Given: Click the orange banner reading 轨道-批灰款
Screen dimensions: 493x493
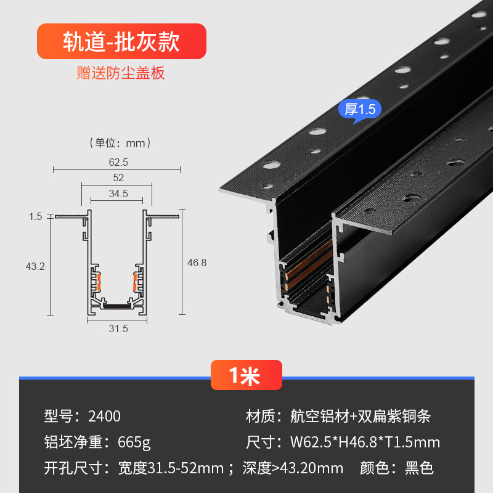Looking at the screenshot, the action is pos(121,41).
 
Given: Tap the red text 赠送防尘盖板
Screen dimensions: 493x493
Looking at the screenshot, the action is pos(121,73).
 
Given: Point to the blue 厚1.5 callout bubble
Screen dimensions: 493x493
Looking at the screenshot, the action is pos(360,110).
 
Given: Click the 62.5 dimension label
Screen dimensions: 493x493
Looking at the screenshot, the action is pos(118,162).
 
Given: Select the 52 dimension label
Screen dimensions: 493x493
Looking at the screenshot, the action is pos(118,178).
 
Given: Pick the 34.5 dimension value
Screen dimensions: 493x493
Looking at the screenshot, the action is pos(118,194).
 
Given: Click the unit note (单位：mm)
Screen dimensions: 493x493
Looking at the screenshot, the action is pos(120,144).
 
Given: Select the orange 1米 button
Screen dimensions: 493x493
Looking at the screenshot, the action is pos(246,375).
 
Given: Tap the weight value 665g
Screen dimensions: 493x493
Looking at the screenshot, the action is pos(134,442).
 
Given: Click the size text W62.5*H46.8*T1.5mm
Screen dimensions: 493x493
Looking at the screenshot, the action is pos(365,442).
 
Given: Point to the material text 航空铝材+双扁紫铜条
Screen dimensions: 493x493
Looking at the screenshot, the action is pos(361,416).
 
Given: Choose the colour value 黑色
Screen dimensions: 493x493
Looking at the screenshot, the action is pos(419,468).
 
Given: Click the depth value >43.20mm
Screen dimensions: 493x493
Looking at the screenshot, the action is pos(308,468).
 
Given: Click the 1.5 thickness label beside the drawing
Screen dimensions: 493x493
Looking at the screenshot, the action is pos(35,216).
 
